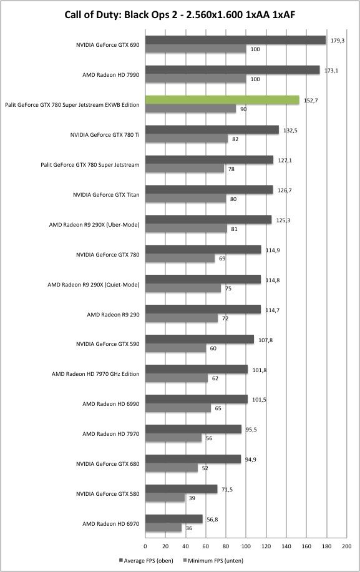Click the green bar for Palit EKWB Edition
pyautogui.click(x=222, y=100)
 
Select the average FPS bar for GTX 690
pyautogui.click(x=235, y=40)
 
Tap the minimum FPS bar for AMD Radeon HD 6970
pyautogui.click(x=163, y=528)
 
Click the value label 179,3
pyautogui.click(x=338, y=41)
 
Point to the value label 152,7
pyautogui.click(x=311, y=101)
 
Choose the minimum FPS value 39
pyautogui.click(x=192, y=498)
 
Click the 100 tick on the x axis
pyautogui.click(x=246, y=546)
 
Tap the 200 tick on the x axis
pyautogui.click(x=346, y=546)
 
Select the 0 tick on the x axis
pyautogui.click(x=145, y=546)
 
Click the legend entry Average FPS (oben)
pyautogui.click(x=146, y=560)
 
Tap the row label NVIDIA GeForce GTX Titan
pyautogui.click(x=106, y=195)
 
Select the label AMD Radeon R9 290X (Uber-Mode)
pyautogui.click(x=94, y=225)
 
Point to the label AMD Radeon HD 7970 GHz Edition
pyautogui.click(x=95, y=374)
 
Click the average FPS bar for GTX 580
pyautogui.click(x=182, y=489)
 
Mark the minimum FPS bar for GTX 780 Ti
pyautogui.click(x=187, y=139)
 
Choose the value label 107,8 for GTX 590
pyautogui.click(x=265, y=340)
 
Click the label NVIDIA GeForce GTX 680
pyautogui.click(x=107, y=464)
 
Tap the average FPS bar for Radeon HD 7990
pyautogui.click(x=233, y=70)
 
